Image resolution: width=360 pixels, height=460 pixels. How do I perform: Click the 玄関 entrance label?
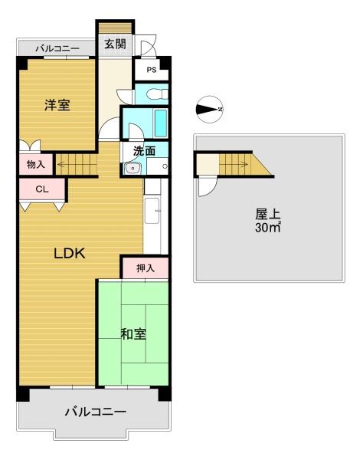tap(115, 44)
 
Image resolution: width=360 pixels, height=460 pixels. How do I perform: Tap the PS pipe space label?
tap(152, 70)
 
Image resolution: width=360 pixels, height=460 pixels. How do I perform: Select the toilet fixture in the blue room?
tap(157, 94)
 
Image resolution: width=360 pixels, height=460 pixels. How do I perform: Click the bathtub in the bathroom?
tap(161, 123)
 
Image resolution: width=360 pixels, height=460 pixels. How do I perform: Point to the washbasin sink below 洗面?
tap(133, 168)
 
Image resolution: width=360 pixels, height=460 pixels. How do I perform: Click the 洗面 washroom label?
tap(144, 151)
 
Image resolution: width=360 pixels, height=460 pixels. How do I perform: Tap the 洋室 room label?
tap(57, 105)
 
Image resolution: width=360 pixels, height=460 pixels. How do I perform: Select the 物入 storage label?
tap(36, 165)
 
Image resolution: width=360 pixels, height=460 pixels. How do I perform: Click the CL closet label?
tap(42, 189)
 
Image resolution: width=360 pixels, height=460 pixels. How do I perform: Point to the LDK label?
tap(70, 253)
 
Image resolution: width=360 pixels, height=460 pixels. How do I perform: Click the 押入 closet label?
tap(145, 268)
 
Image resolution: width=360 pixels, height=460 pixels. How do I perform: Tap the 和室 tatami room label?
tap(133, 333)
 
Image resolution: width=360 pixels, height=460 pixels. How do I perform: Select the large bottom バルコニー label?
tap(96, 412)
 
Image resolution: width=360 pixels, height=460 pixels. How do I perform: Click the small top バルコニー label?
tap(57, 48)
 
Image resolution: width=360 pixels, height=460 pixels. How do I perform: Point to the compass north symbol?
tap(210, 110)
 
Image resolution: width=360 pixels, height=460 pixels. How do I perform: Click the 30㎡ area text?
tap(268, 228)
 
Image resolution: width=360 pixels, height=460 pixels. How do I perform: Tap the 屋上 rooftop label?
tap(267, 214)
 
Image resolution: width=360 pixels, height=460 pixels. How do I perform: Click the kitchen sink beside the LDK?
tap(152, 211)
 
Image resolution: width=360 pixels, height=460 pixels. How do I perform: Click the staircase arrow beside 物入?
tap(77, 164)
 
